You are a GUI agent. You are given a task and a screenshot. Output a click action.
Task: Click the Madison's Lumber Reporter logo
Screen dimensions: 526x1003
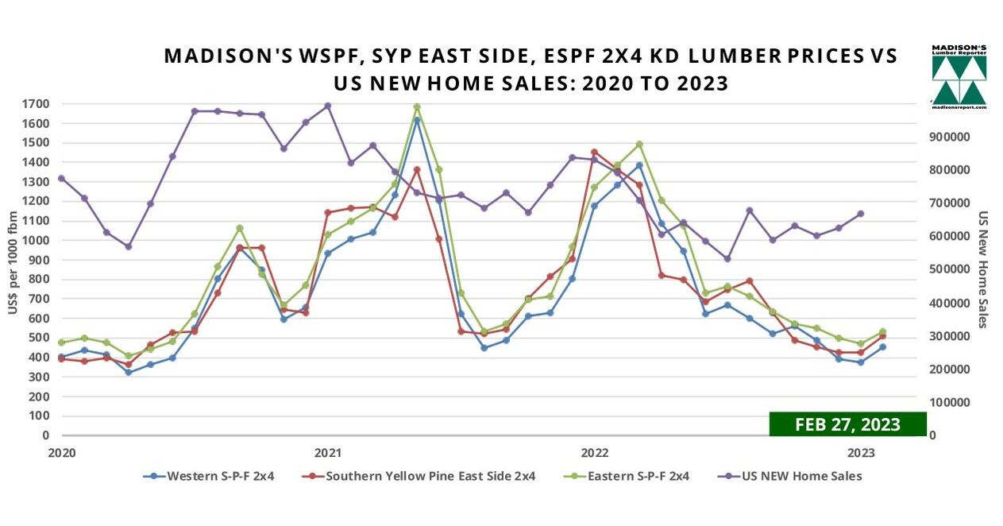(959, 76)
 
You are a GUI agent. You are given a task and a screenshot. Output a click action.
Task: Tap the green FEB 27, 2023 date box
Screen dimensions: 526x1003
(847, 424)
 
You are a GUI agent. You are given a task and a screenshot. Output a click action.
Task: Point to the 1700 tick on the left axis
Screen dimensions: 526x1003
(37, 104)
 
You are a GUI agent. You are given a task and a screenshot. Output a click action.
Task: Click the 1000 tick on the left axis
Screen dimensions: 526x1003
(37, 241)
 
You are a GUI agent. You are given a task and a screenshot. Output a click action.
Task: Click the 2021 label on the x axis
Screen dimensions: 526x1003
(328, 453)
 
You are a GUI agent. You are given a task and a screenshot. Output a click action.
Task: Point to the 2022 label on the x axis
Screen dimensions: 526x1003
(595, 453)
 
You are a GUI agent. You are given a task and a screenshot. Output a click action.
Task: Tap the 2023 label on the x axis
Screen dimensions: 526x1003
(862, 453)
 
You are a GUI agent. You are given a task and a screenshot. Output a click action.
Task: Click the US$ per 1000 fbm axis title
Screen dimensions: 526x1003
(13, 270)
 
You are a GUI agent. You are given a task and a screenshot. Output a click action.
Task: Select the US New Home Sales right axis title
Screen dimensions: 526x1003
(982, 269)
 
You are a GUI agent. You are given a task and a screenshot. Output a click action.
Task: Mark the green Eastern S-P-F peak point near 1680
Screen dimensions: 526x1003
(417, 106)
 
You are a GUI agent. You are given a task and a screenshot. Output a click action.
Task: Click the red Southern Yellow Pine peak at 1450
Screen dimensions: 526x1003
(594, 152)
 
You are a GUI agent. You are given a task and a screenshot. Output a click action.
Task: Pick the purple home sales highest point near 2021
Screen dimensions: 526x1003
(327, 106)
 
